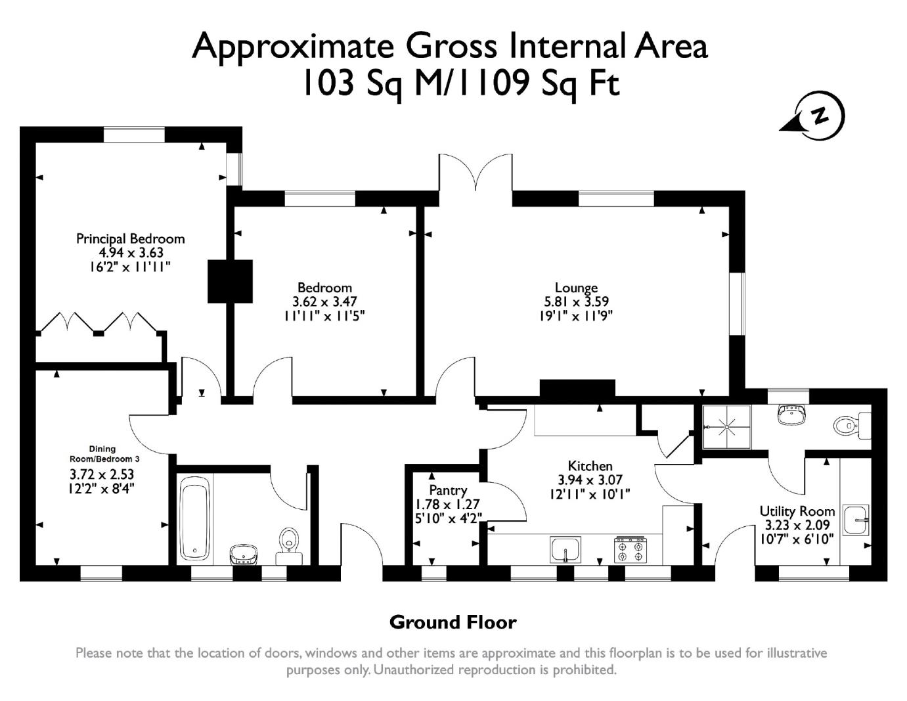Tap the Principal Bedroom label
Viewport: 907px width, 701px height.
130,238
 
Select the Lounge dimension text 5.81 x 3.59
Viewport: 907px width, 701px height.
576,302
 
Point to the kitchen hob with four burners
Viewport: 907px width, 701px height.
630,549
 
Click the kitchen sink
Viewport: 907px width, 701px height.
565,549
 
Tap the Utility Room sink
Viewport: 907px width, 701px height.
856,520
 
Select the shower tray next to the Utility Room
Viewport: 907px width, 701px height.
726,426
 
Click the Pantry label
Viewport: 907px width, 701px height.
448,490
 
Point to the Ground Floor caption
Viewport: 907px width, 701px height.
453,622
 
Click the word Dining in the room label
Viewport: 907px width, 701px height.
102,449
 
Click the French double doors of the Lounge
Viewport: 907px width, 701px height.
476,173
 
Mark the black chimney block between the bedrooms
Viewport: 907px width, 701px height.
230,281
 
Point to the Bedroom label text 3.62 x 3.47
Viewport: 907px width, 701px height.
324,302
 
